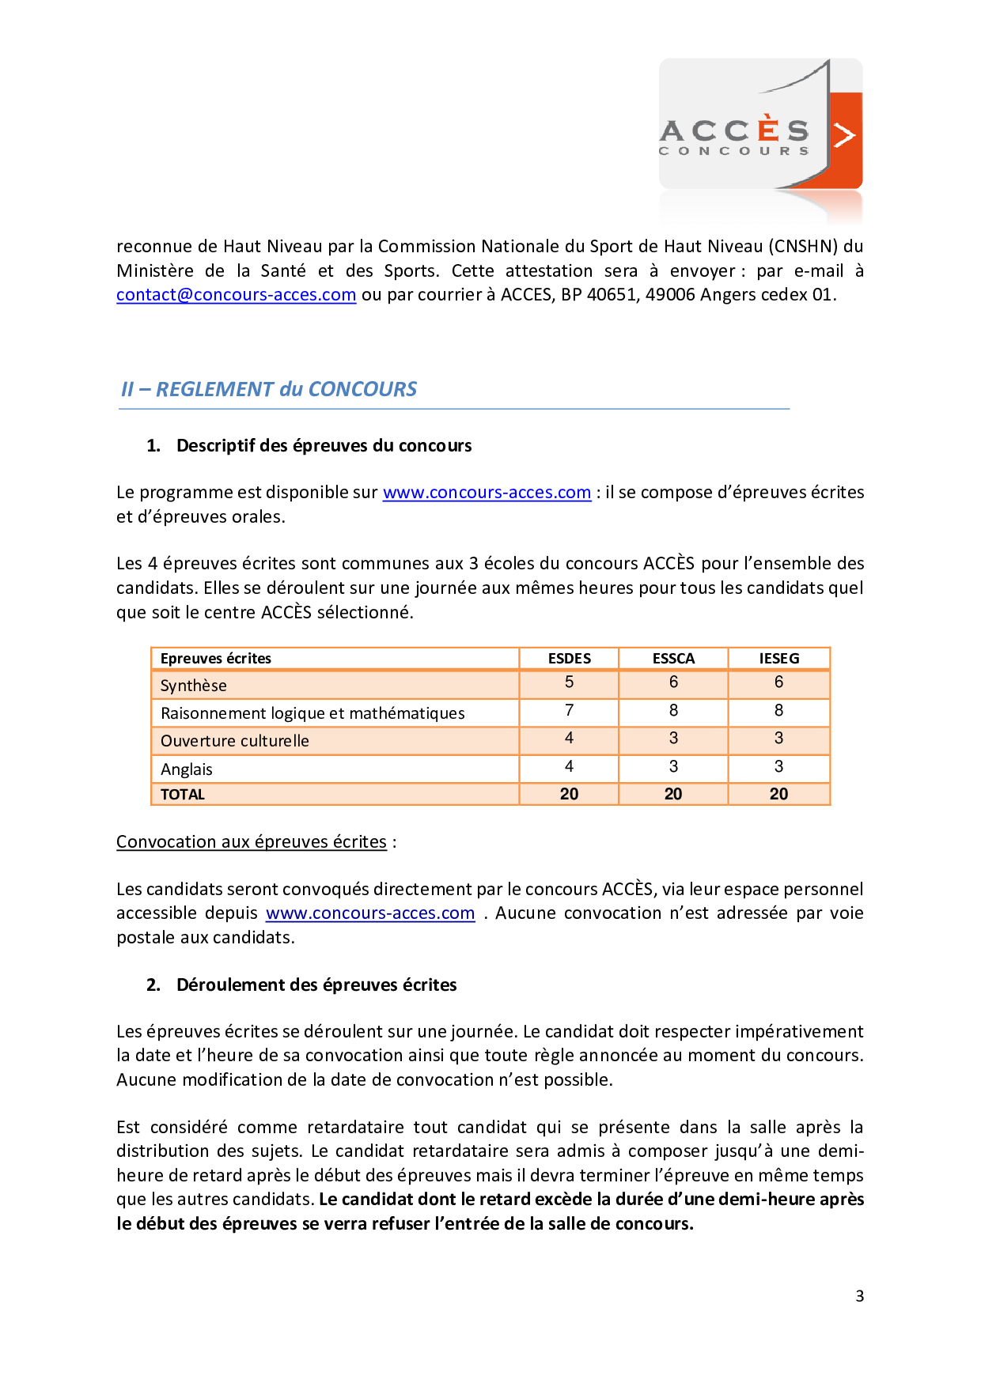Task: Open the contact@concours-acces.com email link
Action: tap(236, 295)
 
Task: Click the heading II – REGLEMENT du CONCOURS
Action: tap(269, 389)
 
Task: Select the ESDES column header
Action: tap(569, 659)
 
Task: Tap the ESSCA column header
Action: tap(673, 659)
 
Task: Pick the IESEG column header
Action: tap(778, 659)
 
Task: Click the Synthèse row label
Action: tap(194, 686)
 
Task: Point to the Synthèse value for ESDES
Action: tap(569, 682)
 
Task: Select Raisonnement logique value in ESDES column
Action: tap(569, 711)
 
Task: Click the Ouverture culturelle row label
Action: tap(235, 741)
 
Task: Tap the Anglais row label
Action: tap(187, 769)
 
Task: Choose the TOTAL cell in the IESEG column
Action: tap(778, 794)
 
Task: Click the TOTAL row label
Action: tap(183, 795)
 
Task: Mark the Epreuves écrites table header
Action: tap(216, 659)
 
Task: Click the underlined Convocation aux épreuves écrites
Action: tap(252, 842)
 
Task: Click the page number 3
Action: tap(859, 1296)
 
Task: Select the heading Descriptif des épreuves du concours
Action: tap(324, 446)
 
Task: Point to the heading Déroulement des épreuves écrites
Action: tap(316, 985)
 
